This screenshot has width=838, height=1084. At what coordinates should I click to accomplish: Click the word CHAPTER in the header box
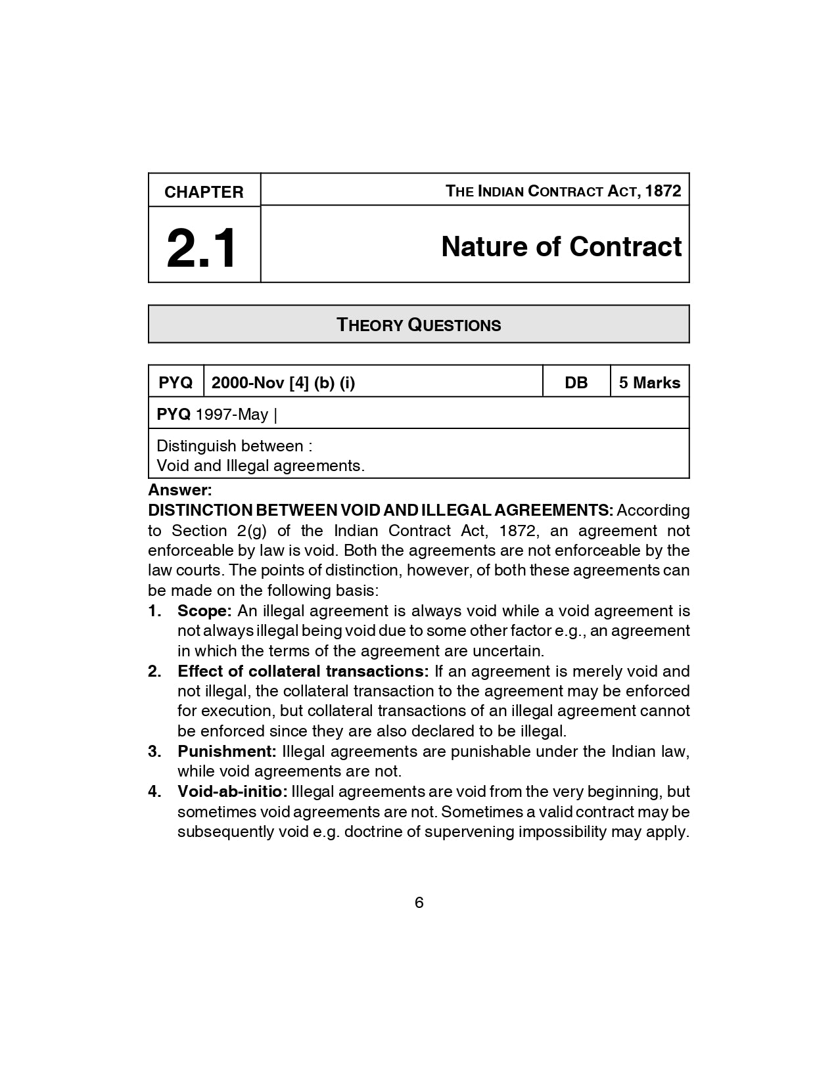[204, 192]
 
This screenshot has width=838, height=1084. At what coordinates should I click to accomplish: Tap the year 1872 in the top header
[663, 191]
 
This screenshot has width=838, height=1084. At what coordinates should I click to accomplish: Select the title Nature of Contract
[561, 246]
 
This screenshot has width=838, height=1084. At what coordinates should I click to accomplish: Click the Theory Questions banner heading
[419, 325]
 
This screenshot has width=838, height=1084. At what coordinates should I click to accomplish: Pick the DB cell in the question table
[576, 382]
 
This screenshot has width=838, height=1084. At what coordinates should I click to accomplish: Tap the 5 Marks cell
[649, 382]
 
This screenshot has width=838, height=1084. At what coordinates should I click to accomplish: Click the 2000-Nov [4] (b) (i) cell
[283, 382]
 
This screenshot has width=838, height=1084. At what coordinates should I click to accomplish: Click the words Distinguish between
[229, 445]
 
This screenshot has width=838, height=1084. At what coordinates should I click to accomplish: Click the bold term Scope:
[204, 610]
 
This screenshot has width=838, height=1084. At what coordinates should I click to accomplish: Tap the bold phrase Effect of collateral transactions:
[303, 671]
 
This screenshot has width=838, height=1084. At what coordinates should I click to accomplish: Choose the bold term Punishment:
[227, 751]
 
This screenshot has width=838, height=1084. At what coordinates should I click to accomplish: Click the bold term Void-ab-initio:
[233, 791]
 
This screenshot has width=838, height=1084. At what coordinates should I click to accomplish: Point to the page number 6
[419, 902]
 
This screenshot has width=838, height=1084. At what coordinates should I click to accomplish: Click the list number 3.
[154, 751]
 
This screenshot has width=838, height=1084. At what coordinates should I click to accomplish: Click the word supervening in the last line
[469, 831]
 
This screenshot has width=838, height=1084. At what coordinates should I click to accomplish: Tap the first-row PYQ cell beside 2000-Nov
[175, 382]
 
